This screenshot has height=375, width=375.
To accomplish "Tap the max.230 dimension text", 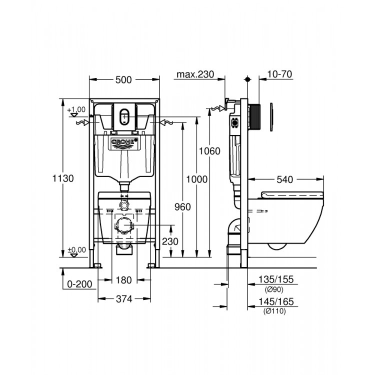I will tap(195, 74).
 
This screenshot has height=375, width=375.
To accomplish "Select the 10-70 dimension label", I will tap(279, 74).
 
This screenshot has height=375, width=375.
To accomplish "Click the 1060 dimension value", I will tap(209, 151).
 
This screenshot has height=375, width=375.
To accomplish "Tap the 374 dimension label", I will tap(123, 299).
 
